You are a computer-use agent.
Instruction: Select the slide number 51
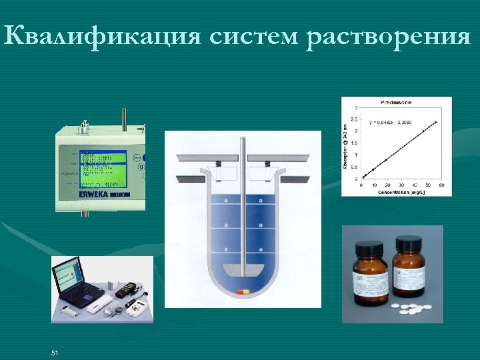pyautogui.click(x=55, y=352)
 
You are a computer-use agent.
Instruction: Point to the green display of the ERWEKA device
pyautogui.click(x=102, y=166)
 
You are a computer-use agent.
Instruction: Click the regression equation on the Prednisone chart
pyautogui.click(x=392, y=121)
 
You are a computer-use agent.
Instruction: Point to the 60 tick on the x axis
pyautogui.click(x=442, y=185)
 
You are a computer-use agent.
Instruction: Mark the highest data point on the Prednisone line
pyautogui.click(x=435, y=123)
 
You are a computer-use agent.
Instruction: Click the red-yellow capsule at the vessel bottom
pyautogui.click(x=243, y=291)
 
